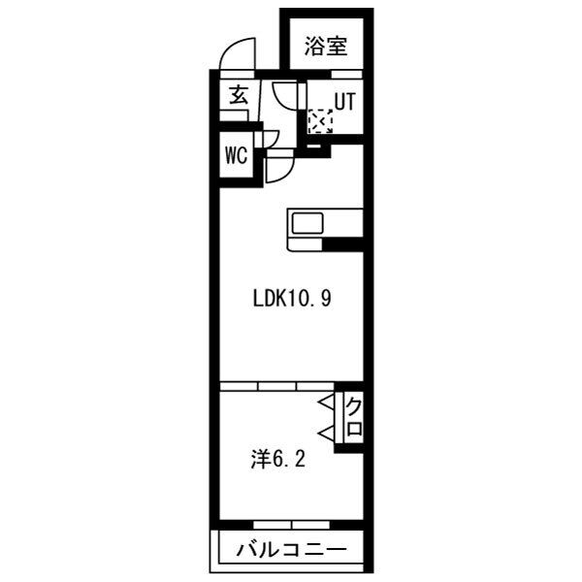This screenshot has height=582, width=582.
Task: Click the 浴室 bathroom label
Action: [326, 46]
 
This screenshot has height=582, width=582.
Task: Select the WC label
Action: [236, 155]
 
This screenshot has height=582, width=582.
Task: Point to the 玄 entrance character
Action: [239, 96]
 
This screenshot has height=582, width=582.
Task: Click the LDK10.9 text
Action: [292, 299]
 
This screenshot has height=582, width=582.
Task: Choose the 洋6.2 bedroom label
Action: [278, 459]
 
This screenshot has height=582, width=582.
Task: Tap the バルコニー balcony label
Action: [291, 552]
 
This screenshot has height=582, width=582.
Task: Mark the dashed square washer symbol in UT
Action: [319, 121]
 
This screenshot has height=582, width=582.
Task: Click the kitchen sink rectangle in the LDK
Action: [309, 223]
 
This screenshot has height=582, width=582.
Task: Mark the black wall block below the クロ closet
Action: [350, 448]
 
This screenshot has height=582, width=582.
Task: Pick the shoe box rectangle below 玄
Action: [232, 115]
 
